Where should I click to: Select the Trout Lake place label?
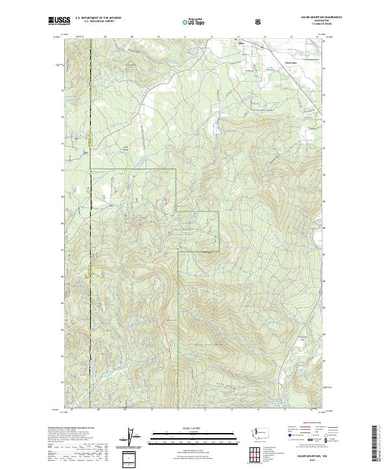pos(274,63)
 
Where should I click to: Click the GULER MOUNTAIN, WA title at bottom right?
pos(309,455)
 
